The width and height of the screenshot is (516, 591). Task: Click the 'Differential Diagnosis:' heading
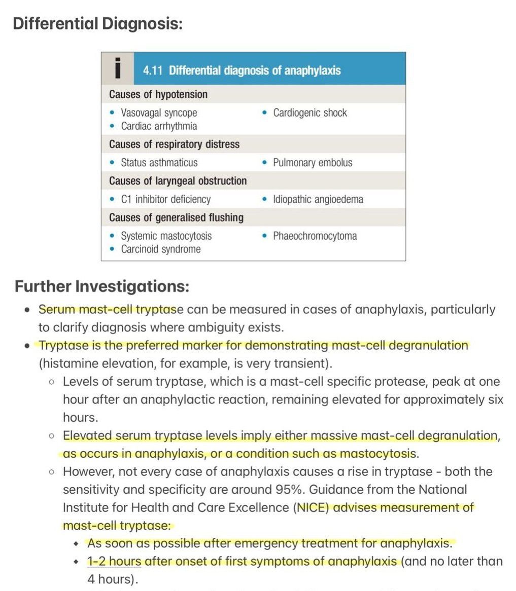(x=97, y=24)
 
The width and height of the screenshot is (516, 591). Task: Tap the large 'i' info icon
(x=118, y=68)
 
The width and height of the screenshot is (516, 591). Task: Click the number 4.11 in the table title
(x=153, y=70)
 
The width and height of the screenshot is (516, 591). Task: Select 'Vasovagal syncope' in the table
(x=159, y=113)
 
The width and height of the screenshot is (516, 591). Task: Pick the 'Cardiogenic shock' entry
(x=309, y=113)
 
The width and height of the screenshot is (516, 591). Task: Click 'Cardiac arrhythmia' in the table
(x=159, y=126)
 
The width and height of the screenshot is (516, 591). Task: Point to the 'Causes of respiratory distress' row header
(x=174, y=144)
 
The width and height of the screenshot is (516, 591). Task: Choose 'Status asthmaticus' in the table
(x=159, y=163)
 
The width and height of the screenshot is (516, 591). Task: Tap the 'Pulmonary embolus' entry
(x=312, y=163)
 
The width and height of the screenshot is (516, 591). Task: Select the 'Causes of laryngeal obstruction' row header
(x=178, y=181)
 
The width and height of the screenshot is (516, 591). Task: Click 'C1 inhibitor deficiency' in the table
(x=165, y=199)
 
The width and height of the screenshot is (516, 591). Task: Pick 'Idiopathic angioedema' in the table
(x=318, y=199)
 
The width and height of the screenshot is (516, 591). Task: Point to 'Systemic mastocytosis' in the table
(x=166, y=236)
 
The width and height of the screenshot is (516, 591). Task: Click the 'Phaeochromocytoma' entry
(x=315, y=236)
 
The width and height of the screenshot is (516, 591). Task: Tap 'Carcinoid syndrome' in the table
(x=160, y=249)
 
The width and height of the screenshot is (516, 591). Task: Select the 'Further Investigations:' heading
(x=101, y=286)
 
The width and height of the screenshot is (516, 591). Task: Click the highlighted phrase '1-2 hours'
(x=114, y=562)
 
